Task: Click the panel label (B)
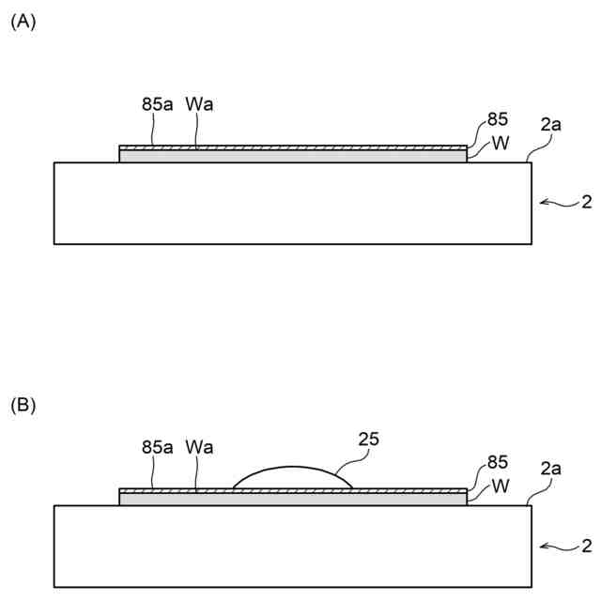tap(23, 406)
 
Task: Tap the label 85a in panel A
tap(158, 104)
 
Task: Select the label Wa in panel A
tap(199, 104)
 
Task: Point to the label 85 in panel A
tap(498, 120)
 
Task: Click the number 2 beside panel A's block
tap(586, 201)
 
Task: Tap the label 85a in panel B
tap(158, 447)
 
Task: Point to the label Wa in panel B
tap(199, 447)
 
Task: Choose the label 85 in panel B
tap(498, 463)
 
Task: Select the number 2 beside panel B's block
tap(586, 544)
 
